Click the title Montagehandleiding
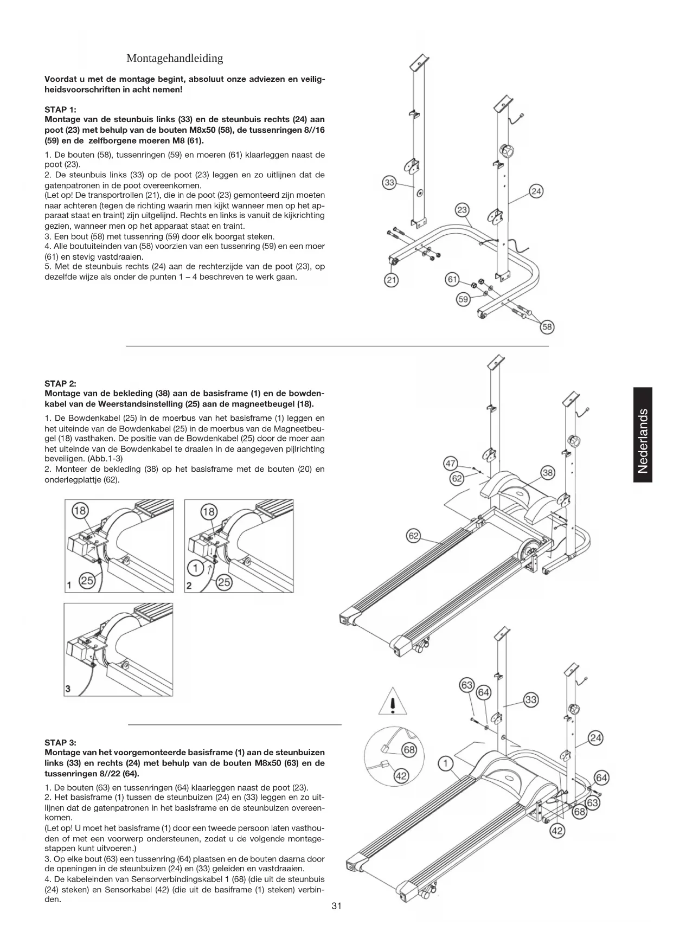pos(175,58)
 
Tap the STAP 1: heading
pos(60,109)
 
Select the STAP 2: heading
pos(60,383)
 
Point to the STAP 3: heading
pos(60,742)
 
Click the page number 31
pos(336,906)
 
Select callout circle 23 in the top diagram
pos(462,210)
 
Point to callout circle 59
pos(463,299)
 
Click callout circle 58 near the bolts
pos(547,326)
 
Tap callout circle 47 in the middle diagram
pos(451,464)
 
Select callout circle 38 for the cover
pos(548,473)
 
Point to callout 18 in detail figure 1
pos(80,511)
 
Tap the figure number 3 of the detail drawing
pos(68,689)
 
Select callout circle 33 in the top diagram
pos(389,183)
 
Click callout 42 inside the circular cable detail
pos(401,776)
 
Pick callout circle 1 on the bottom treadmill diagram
pos(445,764)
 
